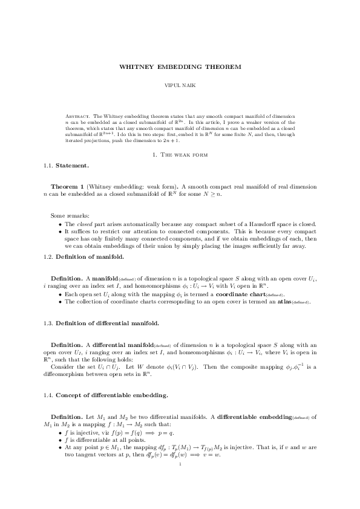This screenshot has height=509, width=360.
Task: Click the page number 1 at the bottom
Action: click(x=180, y=465)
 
